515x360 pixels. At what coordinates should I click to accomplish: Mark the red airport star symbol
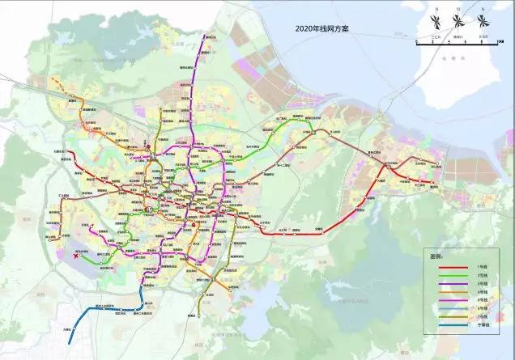click(75, 258)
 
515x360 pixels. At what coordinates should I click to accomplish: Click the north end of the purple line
click(206, 35)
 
